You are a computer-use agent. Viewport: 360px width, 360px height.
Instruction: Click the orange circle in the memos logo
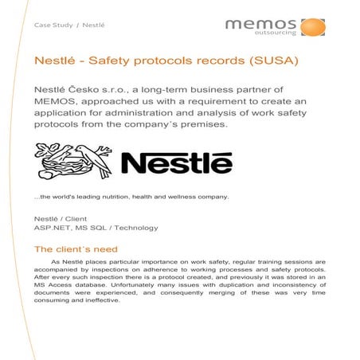[x=312, y=27]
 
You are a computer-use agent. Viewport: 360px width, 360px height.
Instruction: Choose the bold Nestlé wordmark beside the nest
[x=176, y=165]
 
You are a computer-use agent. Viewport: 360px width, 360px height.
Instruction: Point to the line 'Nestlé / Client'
[x=60, y=218]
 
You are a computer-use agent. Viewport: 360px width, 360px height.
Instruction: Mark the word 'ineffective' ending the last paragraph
[x=98, y=300]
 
